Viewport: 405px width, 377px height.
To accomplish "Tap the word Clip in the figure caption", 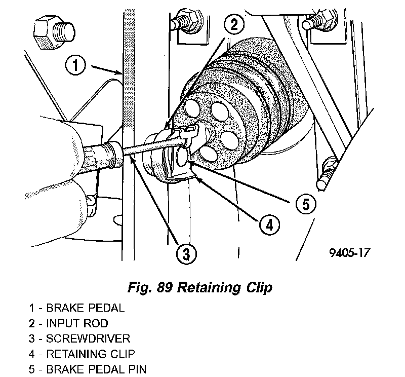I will pyautogui.click(x=258, y=289).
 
